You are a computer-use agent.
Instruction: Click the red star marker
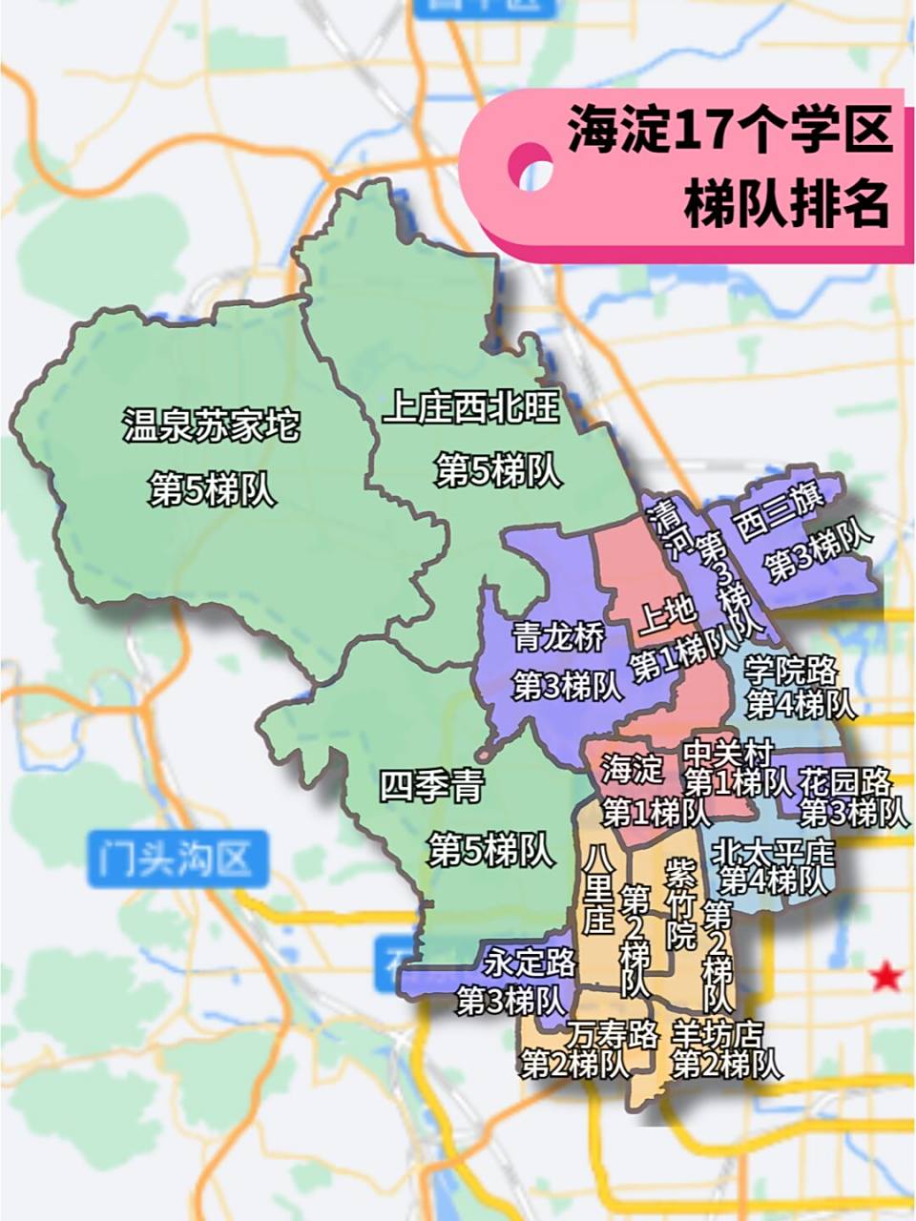[887, 976]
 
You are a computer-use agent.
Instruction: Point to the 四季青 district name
[432, 787]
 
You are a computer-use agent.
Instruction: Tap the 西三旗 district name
[776, 521]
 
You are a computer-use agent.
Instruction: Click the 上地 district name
[667, 617]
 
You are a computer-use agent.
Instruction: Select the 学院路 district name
[791, 671]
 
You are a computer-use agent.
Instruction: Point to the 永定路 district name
[530, 963]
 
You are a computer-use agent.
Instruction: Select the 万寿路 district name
[613, 1033]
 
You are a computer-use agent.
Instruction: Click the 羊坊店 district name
[718, 1033]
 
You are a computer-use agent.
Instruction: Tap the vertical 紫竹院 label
[680, 901]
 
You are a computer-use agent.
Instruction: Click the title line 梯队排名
[785, 202]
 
